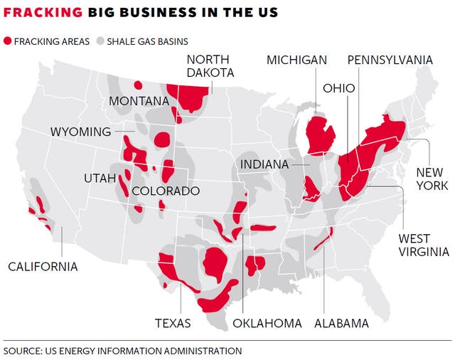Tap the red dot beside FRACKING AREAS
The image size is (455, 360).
pos(8,41)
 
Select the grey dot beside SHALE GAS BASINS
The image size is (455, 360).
pos(100,41)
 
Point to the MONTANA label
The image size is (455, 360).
pos(139,101)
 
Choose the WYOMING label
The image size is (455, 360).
pos(80,132)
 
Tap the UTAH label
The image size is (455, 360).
pos(99,178)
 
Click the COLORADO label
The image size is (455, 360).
pos(165,191)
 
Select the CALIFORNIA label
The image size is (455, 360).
pos(43,267)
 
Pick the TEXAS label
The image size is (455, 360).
pos(173,323)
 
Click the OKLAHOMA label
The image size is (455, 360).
pos(267,323)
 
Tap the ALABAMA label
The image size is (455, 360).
pos(341,323)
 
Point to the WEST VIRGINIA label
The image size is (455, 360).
pos(423,245)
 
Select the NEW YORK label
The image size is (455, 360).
pos(429,179)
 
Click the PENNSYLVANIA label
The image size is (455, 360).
pos(390,60)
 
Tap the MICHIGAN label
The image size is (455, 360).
pos(296,60)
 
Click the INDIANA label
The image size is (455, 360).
pos(264,164)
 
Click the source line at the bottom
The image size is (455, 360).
pos(122,351)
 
